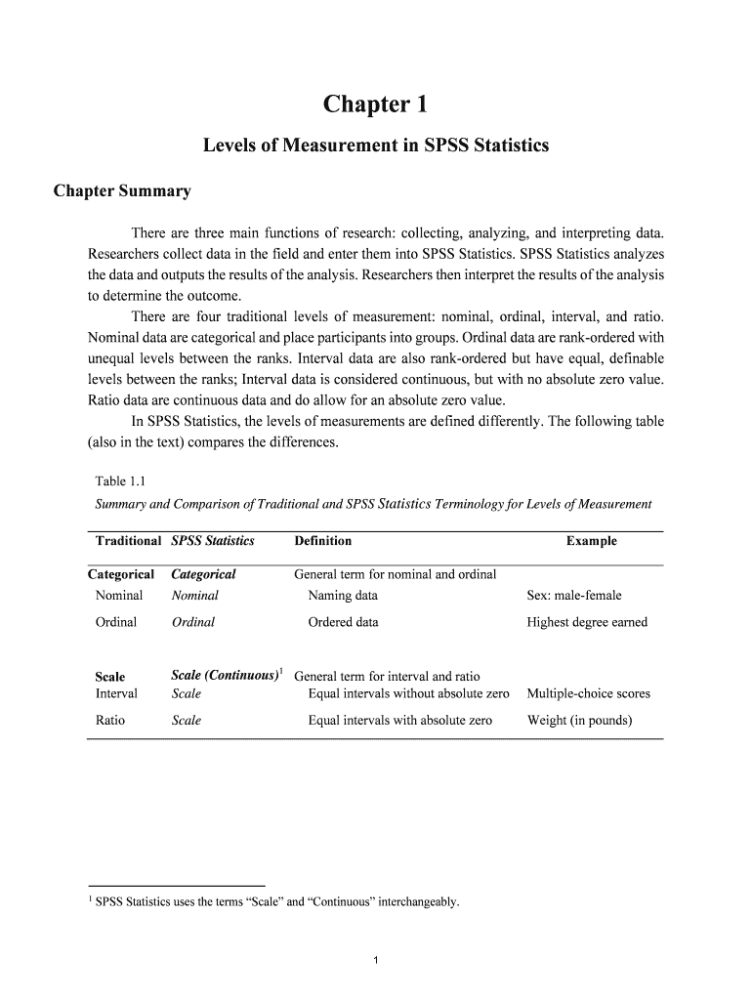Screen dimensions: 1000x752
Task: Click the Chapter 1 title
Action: click(375, 104)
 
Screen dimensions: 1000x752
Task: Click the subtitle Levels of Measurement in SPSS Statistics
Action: click(375, 146)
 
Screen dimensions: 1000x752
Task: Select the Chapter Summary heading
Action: click(122, 191)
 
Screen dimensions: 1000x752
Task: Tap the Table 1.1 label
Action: click(120, 479)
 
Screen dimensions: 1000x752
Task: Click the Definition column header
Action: click(322, 541)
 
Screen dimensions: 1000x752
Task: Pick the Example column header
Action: click(591, 541)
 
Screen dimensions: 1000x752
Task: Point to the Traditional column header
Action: click(128, 541)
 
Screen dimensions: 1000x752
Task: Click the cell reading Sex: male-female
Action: click(573, 596)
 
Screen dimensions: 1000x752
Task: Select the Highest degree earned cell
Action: click(586, 622)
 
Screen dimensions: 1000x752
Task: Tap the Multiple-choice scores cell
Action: click(588, 693)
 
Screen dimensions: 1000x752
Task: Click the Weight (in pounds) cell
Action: click(579, 721)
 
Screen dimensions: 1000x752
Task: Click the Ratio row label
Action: click(109, 721)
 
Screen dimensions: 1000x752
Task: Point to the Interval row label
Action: click(116, 693)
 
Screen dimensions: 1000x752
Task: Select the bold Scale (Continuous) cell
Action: click(226, 676)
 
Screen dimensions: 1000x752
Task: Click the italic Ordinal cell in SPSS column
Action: click(192, 622)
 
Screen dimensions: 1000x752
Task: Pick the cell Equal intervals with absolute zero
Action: click(399, 721)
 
